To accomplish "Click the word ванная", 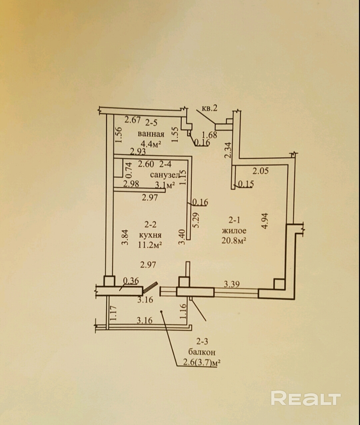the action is pos(151,134).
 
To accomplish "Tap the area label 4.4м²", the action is pos(151,144).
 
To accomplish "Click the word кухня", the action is pos(150,235).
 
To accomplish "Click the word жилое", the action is pos(234,230).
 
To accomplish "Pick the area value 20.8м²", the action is pos(234,240).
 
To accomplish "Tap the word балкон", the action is pos(202,352).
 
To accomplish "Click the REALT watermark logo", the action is pos(306,398).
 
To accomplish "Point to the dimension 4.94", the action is pos(265,221).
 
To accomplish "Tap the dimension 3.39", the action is pos(232,284).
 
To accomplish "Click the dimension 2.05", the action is pos(260,171).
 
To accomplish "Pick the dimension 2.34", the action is pos(228,150).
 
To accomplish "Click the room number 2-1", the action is pos(234,220).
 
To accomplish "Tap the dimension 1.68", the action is pos(210,135).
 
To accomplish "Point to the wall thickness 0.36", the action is pos(131,281).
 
